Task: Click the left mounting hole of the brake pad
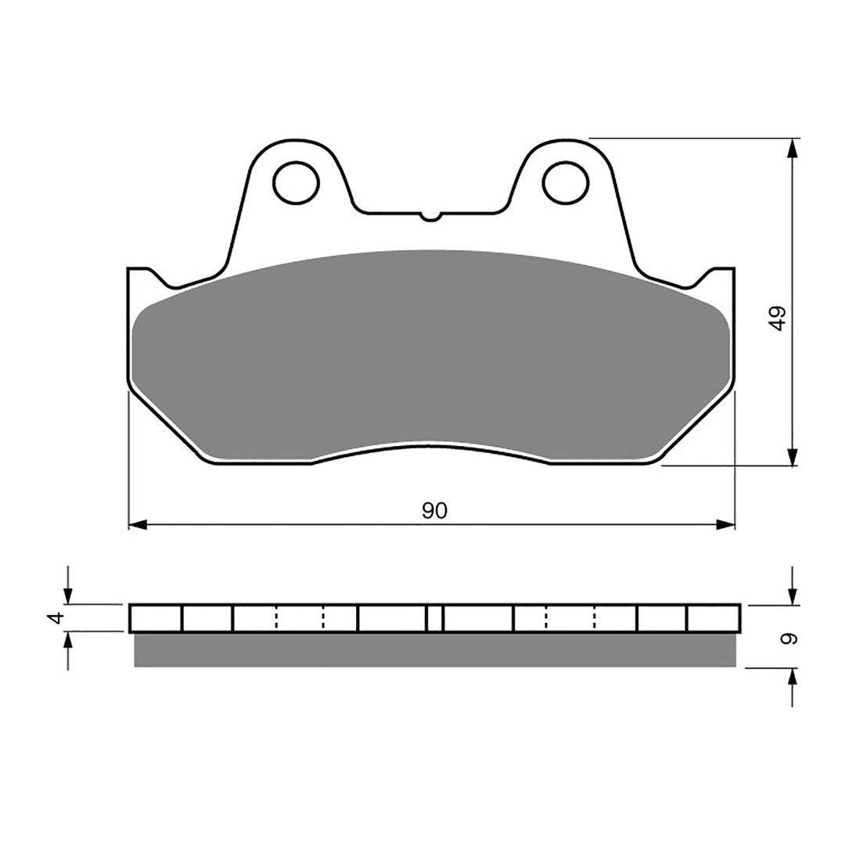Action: point(297,182)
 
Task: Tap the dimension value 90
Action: point(434,511)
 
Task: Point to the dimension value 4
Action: point(54,618)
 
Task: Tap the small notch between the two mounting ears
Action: point(430,215)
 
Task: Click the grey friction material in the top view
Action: point(430,352)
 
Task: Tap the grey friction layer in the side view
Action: point(434,650)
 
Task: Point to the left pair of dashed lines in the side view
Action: point(300,618)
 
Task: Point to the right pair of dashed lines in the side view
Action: point(570,618)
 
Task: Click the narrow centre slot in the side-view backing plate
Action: point(435,618)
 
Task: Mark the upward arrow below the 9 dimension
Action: point(793,678)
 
